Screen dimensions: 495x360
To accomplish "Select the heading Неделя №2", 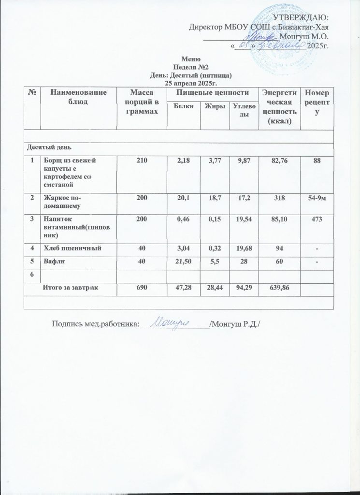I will (192, 68).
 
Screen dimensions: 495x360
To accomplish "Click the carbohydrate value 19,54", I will (242, 219).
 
